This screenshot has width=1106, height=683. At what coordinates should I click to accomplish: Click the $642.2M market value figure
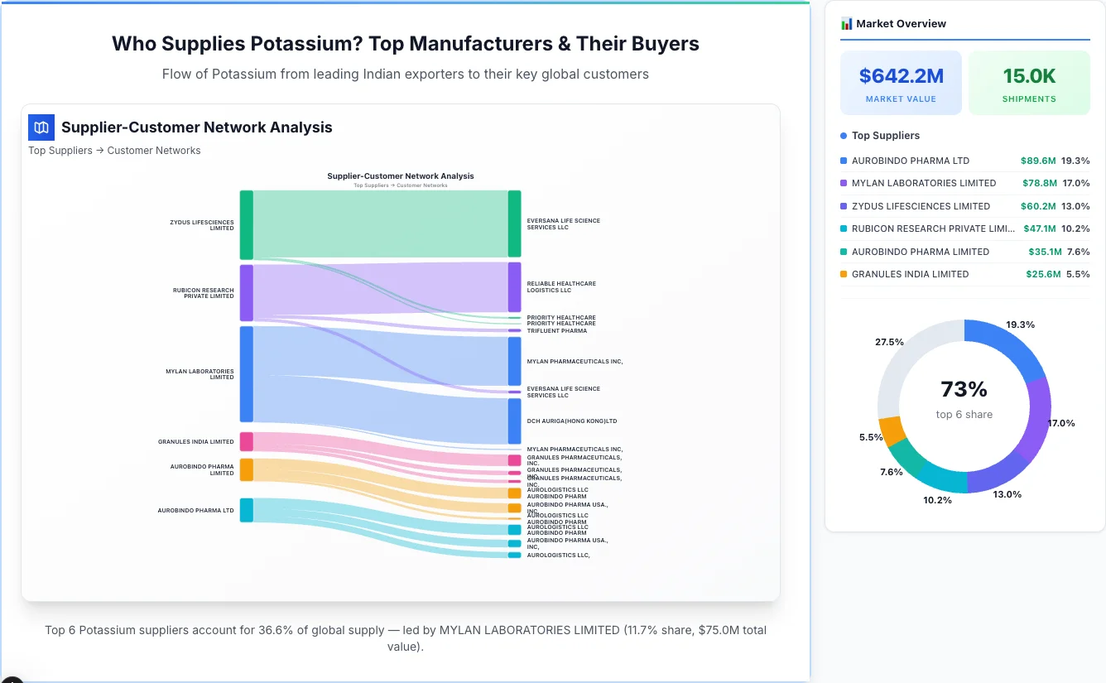click(901, 76)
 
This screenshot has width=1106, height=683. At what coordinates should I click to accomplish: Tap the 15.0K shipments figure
click(1029, 76)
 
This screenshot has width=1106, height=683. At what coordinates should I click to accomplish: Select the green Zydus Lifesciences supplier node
click(247, 224)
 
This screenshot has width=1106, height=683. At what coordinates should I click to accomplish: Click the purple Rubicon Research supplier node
click(247, 293)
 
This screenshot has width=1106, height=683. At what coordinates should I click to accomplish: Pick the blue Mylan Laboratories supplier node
click(247, 374)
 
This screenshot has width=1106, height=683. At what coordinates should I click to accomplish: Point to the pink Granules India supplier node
click(247, 441)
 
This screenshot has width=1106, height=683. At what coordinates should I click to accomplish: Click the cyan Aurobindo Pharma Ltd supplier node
click(247, 510)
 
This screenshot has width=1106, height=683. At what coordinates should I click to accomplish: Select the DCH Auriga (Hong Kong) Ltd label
click(572, 421)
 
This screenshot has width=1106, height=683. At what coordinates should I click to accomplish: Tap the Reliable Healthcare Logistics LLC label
click(561, 287)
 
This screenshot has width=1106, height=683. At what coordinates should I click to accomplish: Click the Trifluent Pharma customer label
click(556, 331)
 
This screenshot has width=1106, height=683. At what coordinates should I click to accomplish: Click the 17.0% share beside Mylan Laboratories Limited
click(1076, 183)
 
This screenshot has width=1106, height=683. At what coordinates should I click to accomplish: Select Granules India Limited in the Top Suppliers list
click(910, 274)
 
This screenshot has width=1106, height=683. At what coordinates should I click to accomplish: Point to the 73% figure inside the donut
click(964, 389)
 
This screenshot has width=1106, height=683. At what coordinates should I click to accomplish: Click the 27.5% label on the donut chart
click(889, 342)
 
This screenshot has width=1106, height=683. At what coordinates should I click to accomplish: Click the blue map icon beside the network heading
click(41, 127)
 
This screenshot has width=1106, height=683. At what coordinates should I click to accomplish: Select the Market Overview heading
click(901, 24)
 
